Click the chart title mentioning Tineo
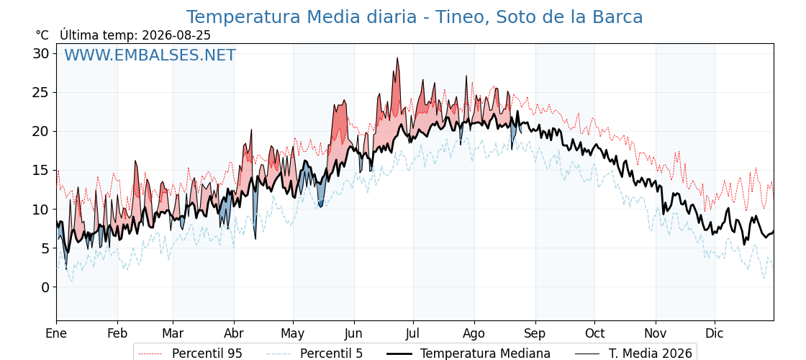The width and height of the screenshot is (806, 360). point(415,17)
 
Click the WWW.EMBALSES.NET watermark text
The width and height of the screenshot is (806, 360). point(150,55)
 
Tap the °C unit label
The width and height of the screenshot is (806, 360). point(42,35)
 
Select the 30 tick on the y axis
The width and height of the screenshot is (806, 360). point(42,53)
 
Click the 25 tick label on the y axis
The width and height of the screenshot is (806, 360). point(42,93)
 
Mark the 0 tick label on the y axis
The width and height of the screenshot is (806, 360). point(46,287)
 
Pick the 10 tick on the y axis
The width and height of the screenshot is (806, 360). point(42,210)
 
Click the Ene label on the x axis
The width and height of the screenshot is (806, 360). point(57,333)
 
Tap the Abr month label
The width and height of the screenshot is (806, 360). point(234,333)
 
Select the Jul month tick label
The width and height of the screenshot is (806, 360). point(413,333)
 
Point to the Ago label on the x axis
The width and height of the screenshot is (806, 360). point(474,333)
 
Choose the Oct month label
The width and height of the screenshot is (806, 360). point(594,333)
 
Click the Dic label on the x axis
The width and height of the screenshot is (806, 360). point(715,333)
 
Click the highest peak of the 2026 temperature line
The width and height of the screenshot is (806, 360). point(397,58)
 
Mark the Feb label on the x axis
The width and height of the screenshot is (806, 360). point(118,333)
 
